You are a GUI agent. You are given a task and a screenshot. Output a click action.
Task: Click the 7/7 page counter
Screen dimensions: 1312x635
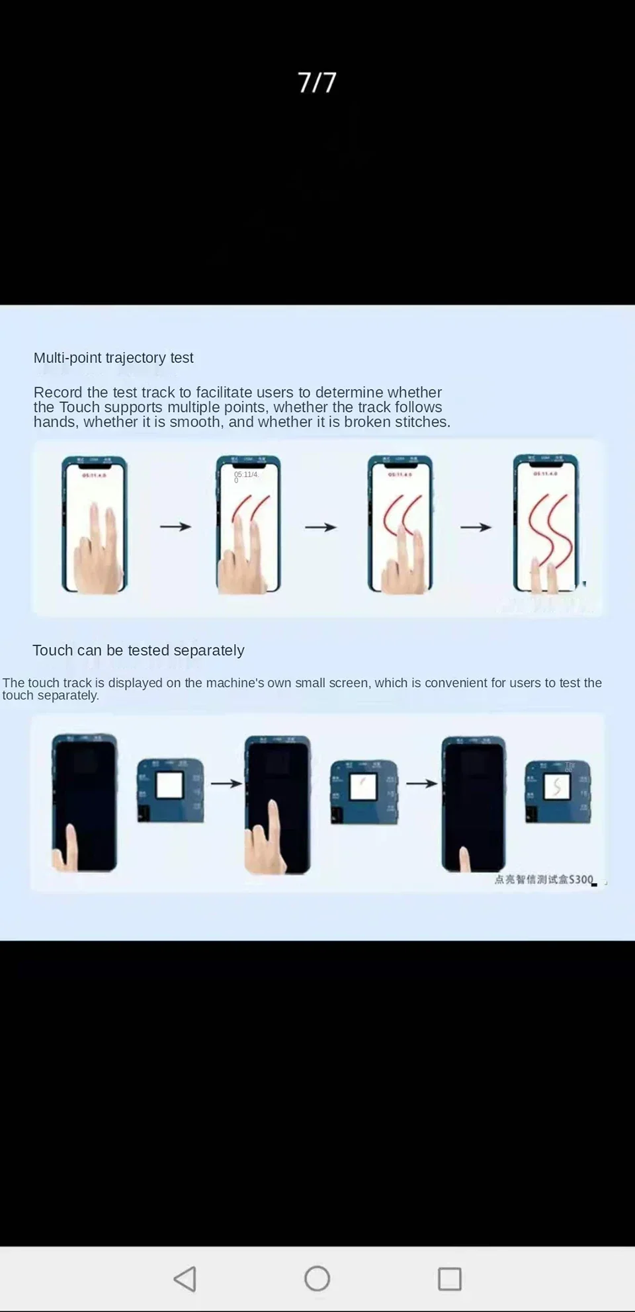tap(317, 83)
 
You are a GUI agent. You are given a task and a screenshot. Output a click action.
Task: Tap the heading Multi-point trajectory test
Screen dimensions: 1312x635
tap(113, 358)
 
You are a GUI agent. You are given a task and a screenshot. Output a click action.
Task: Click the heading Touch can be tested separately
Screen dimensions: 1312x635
tap(138, 650)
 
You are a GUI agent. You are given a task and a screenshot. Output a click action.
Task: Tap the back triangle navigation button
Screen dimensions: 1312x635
tap(185, 1279)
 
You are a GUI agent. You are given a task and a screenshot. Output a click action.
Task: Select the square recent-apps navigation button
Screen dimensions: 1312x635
tap(450, 1279)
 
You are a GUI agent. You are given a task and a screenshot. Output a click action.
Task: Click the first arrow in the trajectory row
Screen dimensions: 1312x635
tap(175, 526)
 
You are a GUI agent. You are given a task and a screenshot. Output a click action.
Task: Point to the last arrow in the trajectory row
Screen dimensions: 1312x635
tap(476, 527)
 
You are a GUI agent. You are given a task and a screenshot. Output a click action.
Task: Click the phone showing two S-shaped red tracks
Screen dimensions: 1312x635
tap(546, 523)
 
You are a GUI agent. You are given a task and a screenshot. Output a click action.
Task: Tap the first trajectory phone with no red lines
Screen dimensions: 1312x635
tap(94, 524)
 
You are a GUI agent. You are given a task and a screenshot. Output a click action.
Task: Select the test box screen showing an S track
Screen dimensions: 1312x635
tap(557, 786)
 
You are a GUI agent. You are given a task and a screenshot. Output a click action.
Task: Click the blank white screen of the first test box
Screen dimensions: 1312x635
tap(169, 786)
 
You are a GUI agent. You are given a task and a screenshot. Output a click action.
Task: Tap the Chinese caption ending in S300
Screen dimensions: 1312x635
tap(544, 880)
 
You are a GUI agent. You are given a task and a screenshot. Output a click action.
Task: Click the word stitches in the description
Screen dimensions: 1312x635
tap(422, 422)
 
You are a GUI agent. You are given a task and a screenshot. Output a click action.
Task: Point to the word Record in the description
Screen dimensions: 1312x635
tap(58, 392)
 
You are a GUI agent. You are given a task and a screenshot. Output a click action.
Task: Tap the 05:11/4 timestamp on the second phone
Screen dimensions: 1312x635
tap(245, 475)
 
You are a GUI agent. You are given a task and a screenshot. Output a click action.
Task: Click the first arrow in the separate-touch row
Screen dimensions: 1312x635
tap(226, 784)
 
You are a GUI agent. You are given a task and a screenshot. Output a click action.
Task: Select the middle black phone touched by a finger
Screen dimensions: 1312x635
tap(277, 804)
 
